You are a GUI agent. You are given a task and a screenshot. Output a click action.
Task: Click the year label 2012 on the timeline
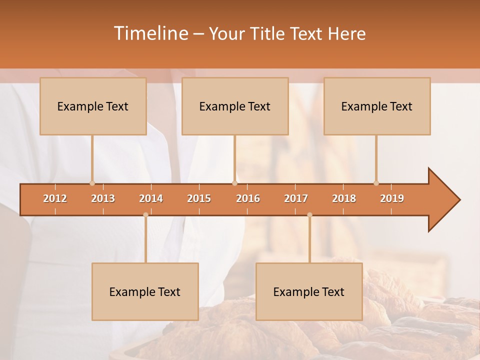(x=55, y=198)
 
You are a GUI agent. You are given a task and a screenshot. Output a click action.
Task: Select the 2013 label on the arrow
(x=103, y=198)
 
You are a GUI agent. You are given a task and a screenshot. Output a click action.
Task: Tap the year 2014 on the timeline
(x=151, y=198)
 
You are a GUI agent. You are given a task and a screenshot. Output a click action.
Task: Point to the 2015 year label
(x=199, y=198)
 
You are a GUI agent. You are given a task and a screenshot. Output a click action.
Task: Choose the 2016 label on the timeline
(x=248, y=198)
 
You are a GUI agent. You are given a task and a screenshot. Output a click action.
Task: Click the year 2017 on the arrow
(x=296, y=198)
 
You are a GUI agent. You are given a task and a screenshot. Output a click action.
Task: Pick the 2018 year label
(x=344, y=198)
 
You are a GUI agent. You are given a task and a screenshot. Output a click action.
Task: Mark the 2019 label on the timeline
(x=392, y=198)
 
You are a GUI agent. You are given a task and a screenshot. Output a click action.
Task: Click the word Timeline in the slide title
(x=150, y=33)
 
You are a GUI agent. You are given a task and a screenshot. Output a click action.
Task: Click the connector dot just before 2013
(x=92, y=183)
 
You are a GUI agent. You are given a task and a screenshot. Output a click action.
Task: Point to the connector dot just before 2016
(x=234, y=183)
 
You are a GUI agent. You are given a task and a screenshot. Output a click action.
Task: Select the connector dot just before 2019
(x=376, y=183)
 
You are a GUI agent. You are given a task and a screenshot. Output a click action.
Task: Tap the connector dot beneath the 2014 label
(x=145, y=215)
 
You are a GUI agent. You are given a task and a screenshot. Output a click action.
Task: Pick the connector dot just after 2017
(x=309, y=215)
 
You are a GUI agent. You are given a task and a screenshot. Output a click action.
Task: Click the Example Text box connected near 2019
(x=377, y=106)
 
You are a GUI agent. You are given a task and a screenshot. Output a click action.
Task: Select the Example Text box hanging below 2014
(x=145, y=291)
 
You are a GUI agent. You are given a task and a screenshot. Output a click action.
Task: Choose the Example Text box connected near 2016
(x=235, y=106)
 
